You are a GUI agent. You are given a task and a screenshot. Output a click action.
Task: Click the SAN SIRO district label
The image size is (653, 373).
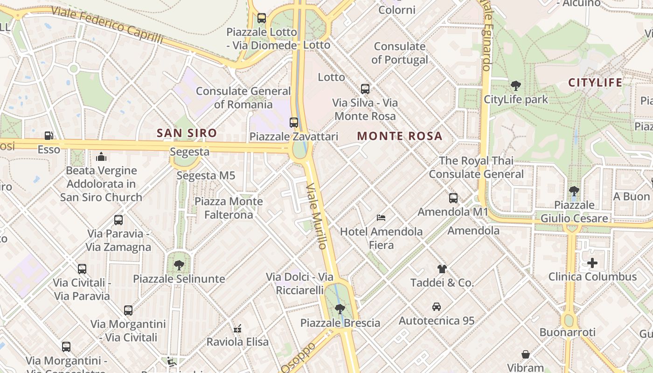point(187,133)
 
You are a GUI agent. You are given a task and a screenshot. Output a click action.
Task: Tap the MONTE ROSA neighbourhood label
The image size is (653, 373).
point(399,136)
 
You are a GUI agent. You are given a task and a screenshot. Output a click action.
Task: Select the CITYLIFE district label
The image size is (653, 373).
point(595,83)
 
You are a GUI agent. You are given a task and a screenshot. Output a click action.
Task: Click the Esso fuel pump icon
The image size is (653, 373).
point(49,136)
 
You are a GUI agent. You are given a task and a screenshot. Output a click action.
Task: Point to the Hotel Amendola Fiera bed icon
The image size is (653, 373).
point(381,218)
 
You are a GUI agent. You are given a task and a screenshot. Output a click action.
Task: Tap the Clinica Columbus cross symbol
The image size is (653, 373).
point(592,263)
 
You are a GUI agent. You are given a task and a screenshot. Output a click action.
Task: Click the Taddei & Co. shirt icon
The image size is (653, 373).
point(442,269)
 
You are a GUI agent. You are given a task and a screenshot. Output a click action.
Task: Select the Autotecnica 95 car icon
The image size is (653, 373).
point(437,307)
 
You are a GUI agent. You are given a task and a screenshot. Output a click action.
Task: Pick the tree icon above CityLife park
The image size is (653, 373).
point(515,85)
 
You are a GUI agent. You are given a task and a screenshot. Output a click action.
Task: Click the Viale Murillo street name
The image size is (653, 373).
point(316,215)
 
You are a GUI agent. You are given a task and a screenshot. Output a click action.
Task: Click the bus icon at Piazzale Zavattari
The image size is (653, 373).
point(294,123)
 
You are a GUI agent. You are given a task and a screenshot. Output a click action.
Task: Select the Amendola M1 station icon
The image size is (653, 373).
point(453,198)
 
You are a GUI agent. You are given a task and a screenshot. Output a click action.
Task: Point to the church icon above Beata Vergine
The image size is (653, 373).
point(101,157)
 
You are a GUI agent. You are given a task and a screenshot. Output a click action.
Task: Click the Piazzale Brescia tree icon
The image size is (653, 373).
point(340,309)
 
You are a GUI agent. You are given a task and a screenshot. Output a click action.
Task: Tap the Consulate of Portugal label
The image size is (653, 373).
point(400,53)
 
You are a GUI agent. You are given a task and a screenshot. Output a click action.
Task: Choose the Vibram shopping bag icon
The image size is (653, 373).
point(526,354)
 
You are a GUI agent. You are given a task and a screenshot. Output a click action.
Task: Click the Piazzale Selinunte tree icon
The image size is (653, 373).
point(179,265)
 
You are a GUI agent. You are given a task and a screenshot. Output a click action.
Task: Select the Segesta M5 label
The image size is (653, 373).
point(206,176)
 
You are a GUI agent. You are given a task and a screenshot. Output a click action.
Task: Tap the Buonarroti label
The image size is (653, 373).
point(567,332)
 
